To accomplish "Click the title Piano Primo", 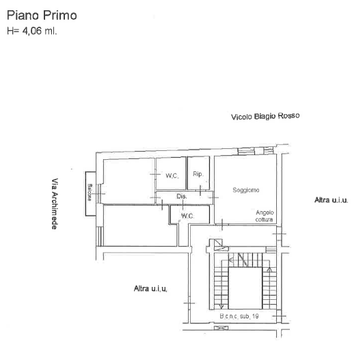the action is tap(42, 15).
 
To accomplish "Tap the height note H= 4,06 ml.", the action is tap(32, 31).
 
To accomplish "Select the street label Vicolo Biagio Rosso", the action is tap(265, 116).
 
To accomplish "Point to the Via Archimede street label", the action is tap(55, 204).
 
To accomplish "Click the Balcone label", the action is tap(90, 192).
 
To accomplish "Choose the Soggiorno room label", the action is tap(246, 190).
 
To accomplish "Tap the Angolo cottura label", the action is tap(265, 216).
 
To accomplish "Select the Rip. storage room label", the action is tap(198, 174).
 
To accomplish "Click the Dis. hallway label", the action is tap(182, 197).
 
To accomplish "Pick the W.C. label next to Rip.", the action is tap(172, 176).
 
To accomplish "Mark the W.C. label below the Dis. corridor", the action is tap(187, 216).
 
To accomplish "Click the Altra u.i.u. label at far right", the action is tap(332, 200).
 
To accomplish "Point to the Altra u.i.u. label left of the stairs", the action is tap(150, 288).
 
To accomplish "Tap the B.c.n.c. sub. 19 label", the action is tap(239, 316).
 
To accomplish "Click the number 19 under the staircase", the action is tap(255, 316).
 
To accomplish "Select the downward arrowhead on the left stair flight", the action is tap(221, 307).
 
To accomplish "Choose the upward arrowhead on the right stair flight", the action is tap(269, 269).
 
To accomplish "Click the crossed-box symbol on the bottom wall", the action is tap(221, 328).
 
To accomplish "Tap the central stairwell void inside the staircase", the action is tap(245, 288).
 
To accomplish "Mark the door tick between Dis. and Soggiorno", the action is tap(213, 197).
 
